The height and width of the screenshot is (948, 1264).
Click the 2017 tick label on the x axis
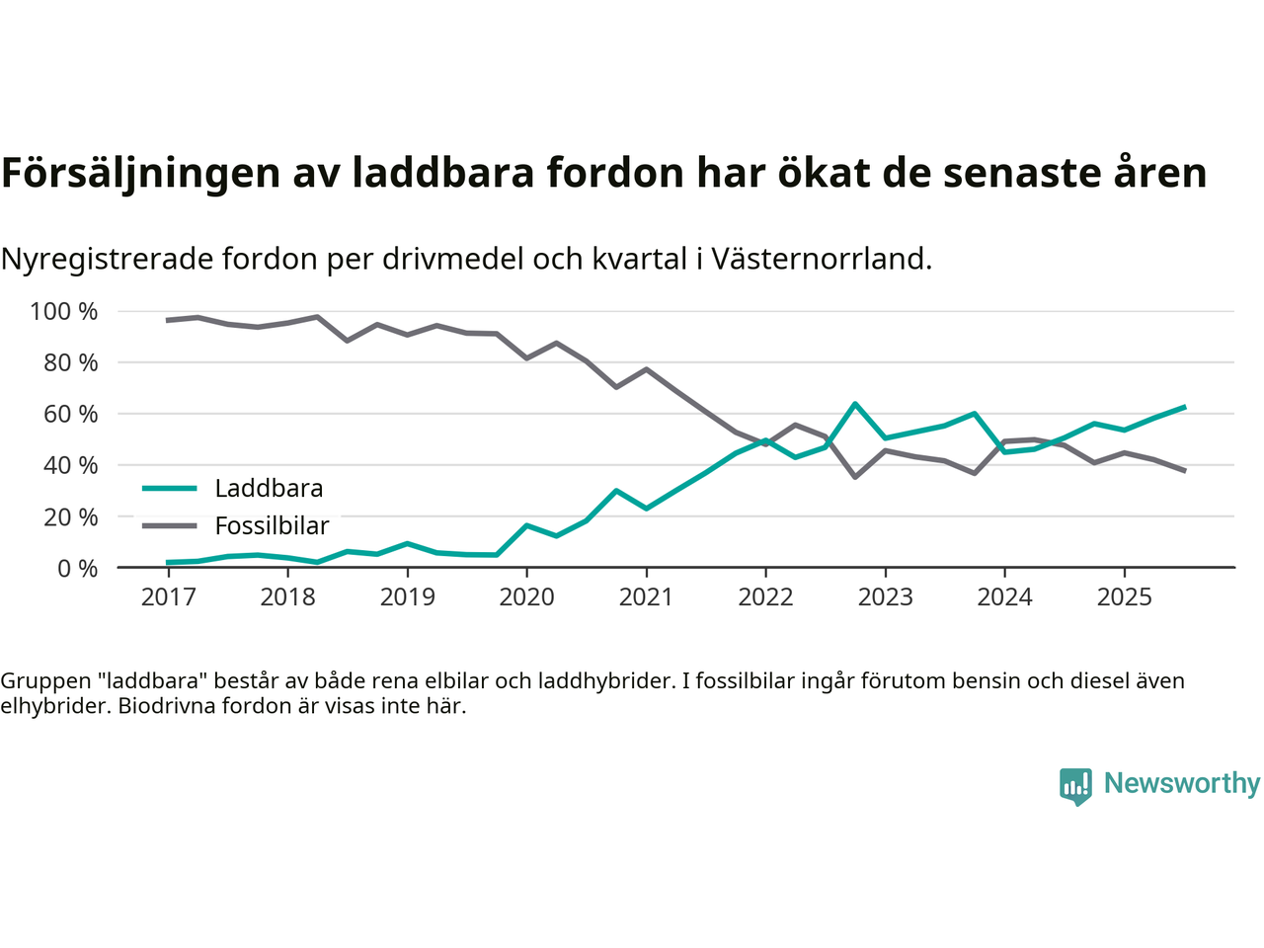point(168,597)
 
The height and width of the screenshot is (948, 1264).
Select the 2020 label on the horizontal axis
point(526,597)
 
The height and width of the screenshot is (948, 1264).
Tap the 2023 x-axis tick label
point(885,597)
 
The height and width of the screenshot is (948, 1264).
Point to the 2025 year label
point(1124,597)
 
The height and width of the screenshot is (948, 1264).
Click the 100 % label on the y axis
point(64,312)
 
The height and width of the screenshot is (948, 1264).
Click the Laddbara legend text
point(269,489)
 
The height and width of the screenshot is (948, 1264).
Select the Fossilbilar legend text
point(272,526)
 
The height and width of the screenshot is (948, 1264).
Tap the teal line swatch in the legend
point(170,488)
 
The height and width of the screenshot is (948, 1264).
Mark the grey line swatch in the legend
point(170,525)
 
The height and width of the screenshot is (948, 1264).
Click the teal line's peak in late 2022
point(855,404)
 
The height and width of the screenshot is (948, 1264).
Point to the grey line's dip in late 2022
point(855,477)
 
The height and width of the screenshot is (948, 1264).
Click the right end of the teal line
point(1184,407)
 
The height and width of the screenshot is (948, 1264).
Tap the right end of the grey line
point(1184,470)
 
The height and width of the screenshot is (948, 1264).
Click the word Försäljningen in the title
point(141,173)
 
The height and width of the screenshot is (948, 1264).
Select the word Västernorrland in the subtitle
point(820,259)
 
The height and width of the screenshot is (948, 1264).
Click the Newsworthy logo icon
point(1075,786)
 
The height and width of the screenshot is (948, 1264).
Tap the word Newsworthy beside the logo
point(1182,783)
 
